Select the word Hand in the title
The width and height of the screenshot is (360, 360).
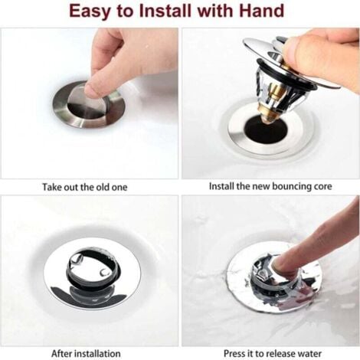click(x=262, y=12)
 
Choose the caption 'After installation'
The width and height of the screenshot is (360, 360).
click(x=87, y=353)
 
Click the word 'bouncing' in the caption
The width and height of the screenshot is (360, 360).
click(x=286, y=186)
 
